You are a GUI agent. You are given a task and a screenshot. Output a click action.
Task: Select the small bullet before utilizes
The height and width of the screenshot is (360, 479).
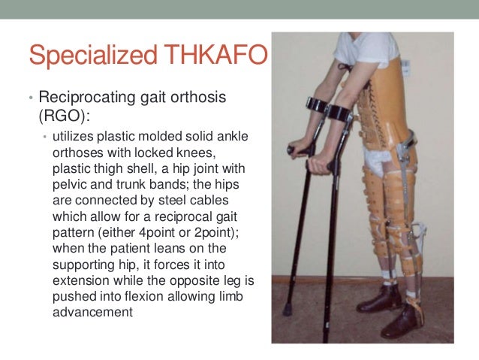tap(44, 136)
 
